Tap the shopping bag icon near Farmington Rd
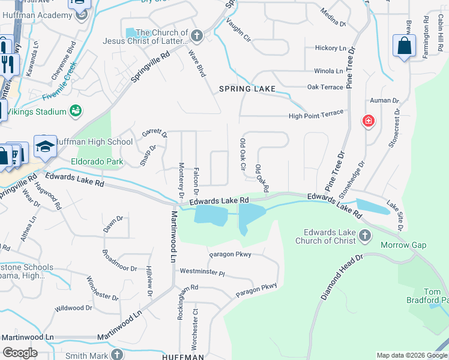(x=405, y=46)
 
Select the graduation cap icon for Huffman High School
(x=45, y=146)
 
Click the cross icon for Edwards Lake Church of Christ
(x=364, y=235)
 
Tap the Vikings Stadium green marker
(x=76, y=111)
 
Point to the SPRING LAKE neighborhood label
(x=247, y=89)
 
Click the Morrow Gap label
(x=403, y=245)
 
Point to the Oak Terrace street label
(x=325, y=87)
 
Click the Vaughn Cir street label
(x=238, y=30)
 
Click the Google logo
(x=20, y=353)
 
